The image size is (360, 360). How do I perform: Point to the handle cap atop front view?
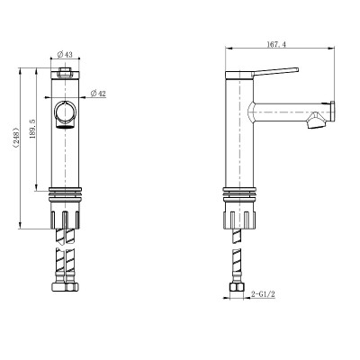[66, 73]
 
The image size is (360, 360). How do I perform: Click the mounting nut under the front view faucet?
[66, 217]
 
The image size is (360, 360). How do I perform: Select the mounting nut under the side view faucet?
[238, 217]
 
